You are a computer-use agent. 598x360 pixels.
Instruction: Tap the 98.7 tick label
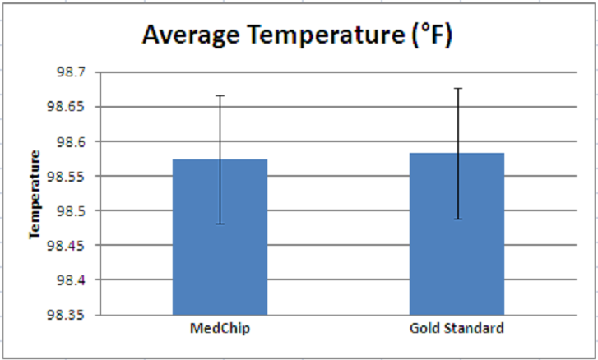click(x=70, y=72)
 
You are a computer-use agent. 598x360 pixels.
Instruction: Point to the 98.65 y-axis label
click(x=67, y=107)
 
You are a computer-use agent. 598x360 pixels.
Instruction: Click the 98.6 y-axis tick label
click(x=70, y=141)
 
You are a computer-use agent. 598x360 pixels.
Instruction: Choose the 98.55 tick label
click(x=67, y=176)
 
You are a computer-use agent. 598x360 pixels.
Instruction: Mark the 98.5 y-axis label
click(x=70, y=210)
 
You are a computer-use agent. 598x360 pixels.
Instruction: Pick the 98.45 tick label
click(x=67, y=245)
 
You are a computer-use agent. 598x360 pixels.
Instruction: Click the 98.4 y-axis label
click(x=70, y=279)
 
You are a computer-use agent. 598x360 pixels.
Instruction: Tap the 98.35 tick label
click(x=67, y=314)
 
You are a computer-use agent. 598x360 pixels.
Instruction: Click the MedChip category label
click(x=220, y=329)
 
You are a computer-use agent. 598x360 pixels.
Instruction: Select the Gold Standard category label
click(x=457, y=329)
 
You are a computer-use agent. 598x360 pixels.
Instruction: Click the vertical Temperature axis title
click(x=35, y=194)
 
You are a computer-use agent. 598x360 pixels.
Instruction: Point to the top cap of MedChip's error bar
click(x=220, y=96)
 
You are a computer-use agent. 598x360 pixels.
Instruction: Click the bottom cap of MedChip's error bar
click(x=220, y=224)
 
